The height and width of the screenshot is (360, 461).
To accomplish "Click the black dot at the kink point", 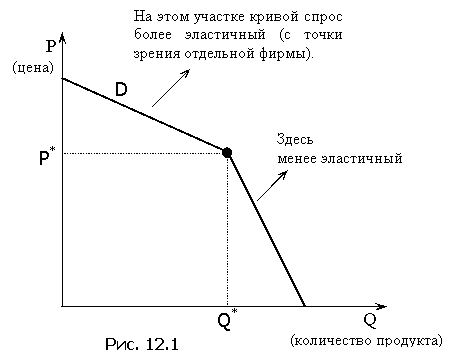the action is click(x=227, y=153).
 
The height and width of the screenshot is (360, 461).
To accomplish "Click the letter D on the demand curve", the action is click(x=121, y=90).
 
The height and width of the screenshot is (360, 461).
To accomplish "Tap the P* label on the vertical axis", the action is click(x=47, y=156).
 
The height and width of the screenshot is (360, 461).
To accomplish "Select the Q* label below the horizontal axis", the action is click(x=228, y=320).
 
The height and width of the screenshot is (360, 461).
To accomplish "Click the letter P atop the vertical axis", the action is click(x=51, y=46).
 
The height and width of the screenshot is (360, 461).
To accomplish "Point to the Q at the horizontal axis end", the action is click(x=370, y=321).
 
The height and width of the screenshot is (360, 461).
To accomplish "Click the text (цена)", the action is click(x=33, y=68).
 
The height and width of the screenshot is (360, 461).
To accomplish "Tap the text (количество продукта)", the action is click(x=366, y=341).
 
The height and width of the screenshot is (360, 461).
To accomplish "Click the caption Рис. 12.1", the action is click(x=142, y=344).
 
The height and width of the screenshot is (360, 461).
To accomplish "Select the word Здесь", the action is click(x=295, y=139).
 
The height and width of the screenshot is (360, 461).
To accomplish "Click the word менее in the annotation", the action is click(x=297, y=159).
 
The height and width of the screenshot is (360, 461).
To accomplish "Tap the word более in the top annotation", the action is click(x=153, y=34).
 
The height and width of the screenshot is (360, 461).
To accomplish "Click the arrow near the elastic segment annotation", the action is click(x=171, y=88).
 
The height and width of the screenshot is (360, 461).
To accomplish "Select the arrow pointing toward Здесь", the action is click(x=272, y=186).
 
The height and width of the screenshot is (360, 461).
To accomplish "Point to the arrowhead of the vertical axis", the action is click(x=62, y=37).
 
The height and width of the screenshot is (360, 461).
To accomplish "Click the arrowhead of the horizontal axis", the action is click(x=382, y=306).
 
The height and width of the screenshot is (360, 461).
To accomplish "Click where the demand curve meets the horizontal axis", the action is click(x=304, y=306).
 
